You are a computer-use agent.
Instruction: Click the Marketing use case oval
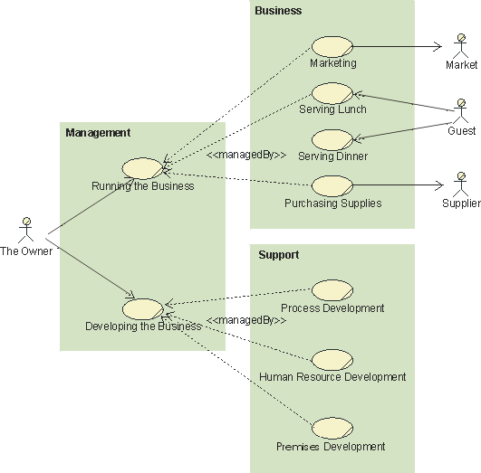pyautogui.click(x=332, y=46)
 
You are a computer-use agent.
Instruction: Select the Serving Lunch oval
pyautogui.click(x=332, y=93)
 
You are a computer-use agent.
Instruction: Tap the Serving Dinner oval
pyautogui.click(x=332, y=139)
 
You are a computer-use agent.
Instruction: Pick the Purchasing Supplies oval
pyautogui.click(x=332, y=185)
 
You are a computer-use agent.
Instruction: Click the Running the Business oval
pyautogui.click(x=142, y=168)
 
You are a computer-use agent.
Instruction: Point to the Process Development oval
pyautogui.click(x=332, y=290)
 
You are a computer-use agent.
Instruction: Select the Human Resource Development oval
pyautogui.click(x=332, y=359)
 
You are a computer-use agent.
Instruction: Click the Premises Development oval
pyautogui.click(x=332, y=429)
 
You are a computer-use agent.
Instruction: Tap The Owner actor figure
pyautogui.click(x=26, y=231)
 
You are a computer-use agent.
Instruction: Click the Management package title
pyautogui.click(x=98, y=133)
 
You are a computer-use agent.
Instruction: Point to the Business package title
pyautogui.click(x=278, y=11)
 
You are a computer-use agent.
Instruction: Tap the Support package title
pyautogui.click(x=278, y=255)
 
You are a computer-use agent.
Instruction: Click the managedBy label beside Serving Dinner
pyautogui.click(x=246, y=156)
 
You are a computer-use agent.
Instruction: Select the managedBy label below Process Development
pyautogui.click(x=246, y=320)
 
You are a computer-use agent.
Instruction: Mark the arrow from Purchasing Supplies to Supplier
pyautogui.click(x=399, y=185)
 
